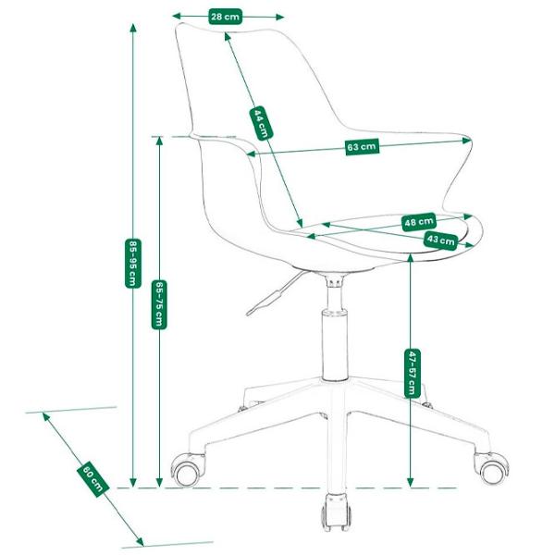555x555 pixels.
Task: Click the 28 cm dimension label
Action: [226, 17]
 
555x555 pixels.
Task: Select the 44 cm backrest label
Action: [261, 123]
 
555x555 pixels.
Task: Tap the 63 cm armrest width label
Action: [362, 146]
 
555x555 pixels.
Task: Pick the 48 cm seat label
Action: [419, 222]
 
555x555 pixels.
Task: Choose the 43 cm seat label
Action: [440, 240]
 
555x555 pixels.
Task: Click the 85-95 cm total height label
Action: [133, 264]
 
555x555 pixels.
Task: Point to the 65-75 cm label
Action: [159, 304]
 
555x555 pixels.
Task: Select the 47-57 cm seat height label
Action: [412, 373]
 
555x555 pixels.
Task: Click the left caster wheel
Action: [187, 470]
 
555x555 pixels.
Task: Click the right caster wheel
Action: [491, 469]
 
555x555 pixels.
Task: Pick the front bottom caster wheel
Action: [336, 512]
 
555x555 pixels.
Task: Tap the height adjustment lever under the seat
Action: [273, 294]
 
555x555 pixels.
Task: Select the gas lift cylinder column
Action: [334, 344]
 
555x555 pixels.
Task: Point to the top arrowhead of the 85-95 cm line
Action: [133, 28]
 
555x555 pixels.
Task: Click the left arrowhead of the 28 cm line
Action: [177, 17]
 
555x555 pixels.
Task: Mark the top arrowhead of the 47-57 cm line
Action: [410, 258]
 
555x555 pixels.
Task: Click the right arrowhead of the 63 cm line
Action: [467, 141]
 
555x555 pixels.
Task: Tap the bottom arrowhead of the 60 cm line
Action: [141, 541]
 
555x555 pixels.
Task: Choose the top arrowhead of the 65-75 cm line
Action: [159, 142]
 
